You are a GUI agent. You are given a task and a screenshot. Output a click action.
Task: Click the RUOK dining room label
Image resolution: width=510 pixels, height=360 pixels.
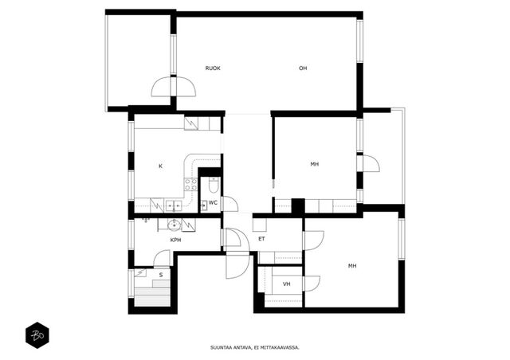(213, 68)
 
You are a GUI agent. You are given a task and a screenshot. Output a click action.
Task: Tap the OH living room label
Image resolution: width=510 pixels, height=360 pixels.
(303, 68)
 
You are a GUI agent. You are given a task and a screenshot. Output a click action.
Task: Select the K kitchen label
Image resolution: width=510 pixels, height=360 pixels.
(160, 166)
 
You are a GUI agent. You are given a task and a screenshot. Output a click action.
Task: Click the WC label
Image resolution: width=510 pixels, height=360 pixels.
(213, 203)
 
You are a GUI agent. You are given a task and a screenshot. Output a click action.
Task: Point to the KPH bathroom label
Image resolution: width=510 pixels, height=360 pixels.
(175, 241)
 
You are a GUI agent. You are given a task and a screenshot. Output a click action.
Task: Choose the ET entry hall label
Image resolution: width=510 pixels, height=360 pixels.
(261, 239)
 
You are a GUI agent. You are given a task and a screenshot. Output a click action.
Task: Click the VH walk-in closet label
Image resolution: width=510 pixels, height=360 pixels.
(287, 284)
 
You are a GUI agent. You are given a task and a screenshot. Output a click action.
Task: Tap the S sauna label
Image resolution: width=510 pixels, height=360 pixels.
(161, 276)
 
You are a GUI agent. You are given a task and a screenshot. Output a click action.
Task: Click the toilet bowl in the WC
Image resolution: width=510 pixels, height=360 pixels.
(214, 186)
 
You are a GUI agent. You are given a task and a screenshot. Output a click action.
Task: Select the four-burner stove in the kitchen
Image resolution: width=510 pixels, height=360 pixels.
(190, 185)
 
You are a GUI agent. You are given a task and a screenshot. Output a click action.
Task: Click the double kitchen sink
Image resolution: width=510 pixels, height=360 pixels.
(174, 205)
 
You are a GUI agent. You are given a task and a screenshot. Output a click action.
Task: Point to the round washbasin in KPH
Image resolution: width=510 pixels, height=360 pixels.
(175, 225)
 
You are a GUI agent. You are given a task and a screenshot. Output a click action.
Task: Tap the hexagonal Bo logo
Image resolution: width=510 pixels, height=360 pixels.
(37, 335)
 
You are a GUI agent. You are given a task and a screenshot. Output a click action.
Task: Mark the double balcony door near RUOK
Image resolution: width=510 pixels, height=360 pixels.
(174, 87)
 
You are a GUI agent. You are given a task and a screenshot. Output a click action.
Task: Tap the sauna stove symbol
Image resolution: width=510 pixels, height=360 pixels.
(140, 272)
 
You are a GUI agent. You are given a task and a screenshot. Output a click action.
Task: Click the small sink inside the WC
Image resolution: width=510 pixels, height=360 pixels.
(204, 205)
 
